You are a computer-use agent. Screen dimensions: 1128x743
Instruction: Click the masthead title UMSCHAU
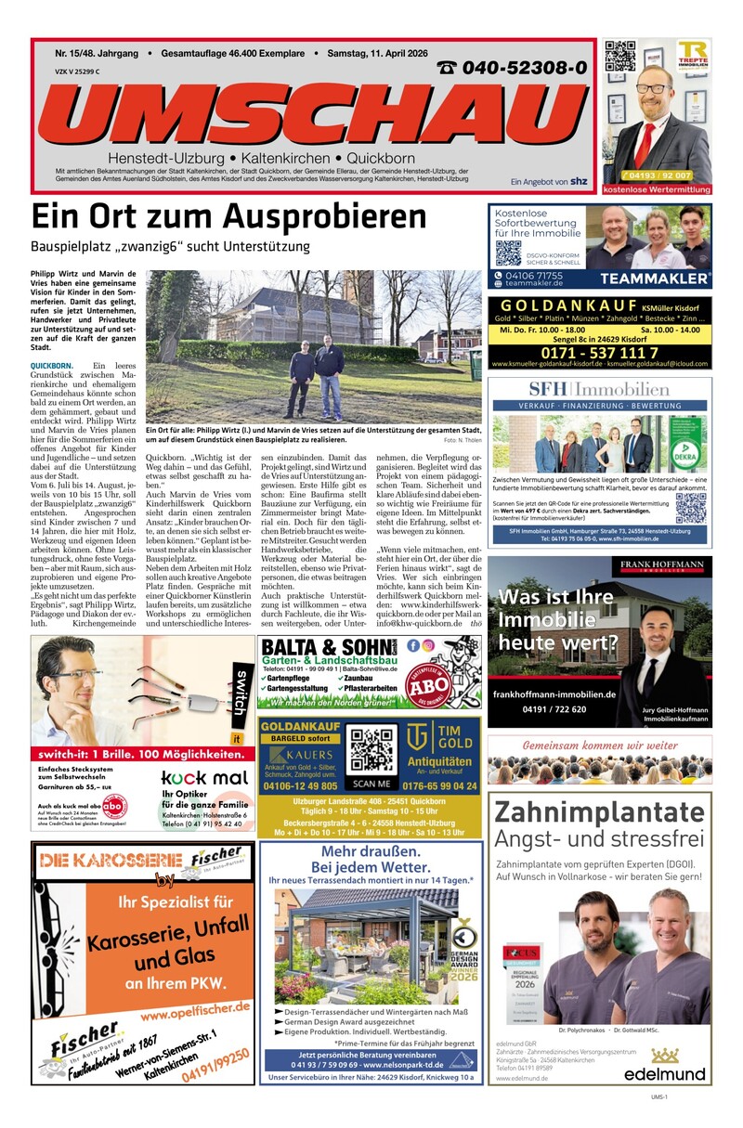(312, 110)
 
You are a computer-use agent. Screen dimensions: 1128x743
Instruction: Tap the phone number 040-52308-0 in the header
(511, 68)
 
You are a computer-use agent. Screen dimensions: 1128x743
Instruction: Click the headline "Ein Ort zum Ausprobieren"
(228, 217)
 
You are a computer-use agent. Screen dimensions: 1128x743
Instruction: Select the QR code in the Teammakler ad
(508, 253)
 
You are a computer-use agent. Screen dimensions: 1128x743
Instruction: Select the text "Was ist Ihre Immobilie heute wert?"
(557, 619)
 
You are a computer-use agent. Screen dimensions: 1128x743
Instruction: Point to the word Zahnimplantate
(599, 813)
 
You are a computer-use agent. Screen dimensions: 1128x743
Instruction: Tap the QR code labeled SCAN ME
(371, 750)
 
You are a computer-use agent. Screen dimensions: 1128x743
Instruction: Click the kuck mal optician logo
(203, 777)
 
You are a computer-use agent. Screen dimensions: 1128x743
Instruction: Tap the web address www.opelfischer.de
(182, 1008)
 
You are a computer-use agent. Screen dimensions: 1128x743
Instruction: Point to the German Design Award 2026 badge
(463, 958)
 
